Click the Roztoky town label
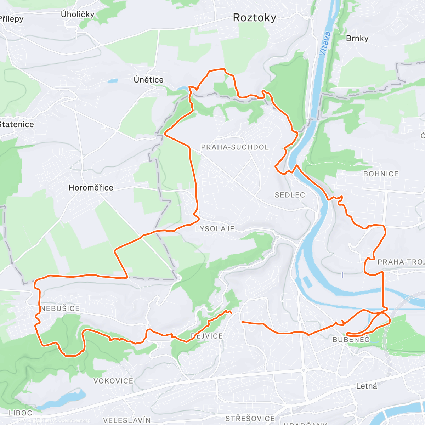point(254,18)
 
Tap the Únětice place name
point(148,80)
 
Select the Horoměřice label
point(91,188)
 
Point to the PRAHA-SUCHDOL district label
point(235,147)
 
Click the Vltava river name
point(325,44)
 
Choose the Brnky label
point(357,38)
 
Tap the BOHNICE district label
point(381,174)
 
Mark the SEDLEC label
point(290,195)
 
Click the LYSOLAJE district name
point(215,229)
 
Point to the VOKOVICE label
point(113,381)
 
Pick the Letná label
point(366,386)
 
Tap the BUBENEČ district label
point(351,340)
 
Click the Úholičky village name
point(77,15)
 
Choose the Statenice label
point(17,124)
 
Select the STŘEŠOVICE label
point(250,419)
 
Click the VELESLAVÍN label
point(127,420)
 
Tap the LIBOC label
point(21,413)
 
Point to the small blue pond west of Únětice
point(112,81)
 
